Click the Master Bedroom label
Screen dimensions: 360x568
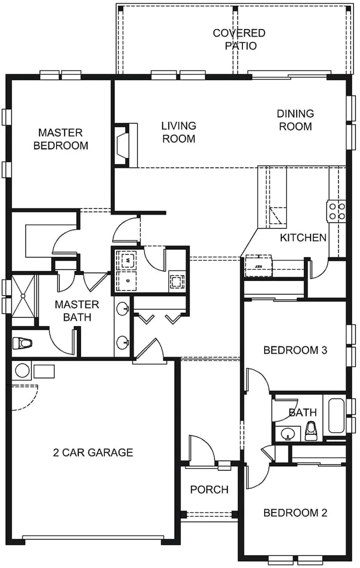click(x=61, y=139)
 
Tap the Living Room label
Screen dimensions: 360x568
click(x=179, y=132)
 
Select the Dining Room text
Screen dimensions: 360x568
click(x=296, y=120)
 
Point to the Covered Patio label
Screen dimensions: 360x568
click(x=239, y=39)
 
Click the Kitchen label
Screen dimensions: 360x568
click(x=303, y=238)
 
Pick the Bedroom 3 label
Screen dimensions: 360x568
click(x=296, y=350)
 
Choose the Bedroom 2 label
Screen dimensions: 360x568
click(x=296, y=513)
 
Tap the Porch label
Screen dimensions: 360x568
click(x=210, y=490)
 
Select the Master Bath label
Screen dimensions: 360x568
click(x=77, y=311)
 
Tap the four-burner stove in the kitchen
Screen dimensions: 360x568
click(x=337, y=212)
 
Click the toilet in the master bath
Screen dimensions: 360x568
click(x=22, y=343)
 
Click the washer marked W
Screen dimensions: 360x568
click(x=126, y=260)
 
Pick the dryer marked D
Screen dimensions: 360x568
click(x=126, y=281)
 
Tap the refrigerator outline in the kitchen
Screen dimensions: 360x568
click(x=258, y=266)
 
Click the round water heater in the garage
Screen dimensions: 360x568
click(x=22, y=371)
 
